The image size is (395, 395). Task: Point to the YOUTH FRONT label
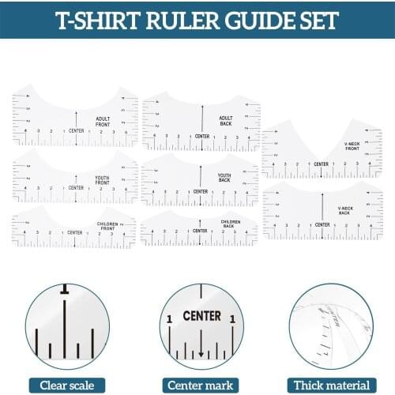[x=102, y=179]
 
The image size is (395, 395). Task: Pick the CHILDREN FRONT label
[x=107, y=226]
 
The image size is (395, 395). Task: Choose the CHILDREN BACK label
[x=231, y=224]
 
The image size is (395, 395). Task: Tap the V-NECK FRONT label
[x=352, y=146]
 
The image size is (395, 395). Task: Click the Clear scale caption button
[x=66, y=385]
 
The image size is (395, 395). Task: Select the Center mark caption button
[x=201, y=385]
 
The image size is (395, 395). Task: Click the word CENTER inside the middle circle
[x=201, y=316]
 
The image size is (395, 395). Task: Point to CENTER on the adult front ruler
[x=76, y=130]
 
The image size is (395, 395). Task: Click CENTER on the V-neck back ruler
[x=322, y=225]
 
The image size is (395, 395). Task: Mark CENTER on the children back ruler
[x=201, y=231]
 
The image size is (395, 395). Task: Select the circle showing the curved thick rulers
[x=330, y=326]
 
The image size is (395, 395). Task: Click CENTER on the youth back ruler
[x=201, y=191]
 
